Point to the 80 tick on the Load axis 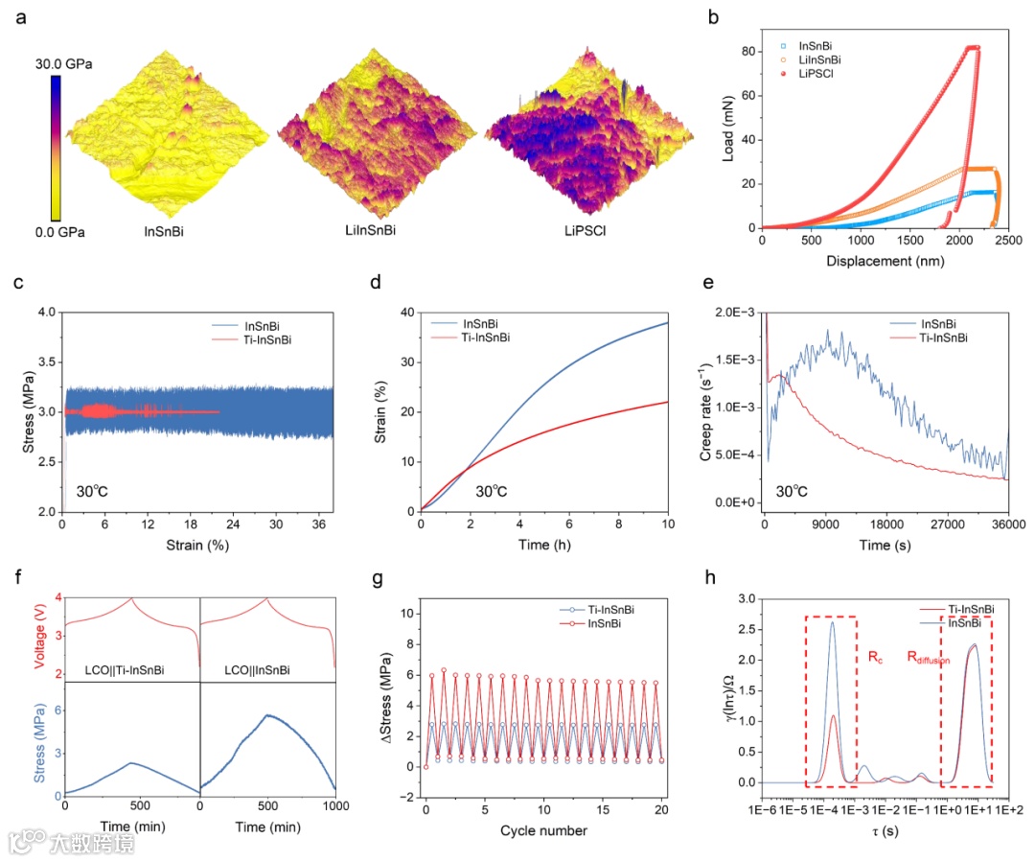pos(748,50)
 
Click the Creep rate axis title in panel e pos(708,406)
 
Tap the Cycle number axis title pos(543,829)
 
